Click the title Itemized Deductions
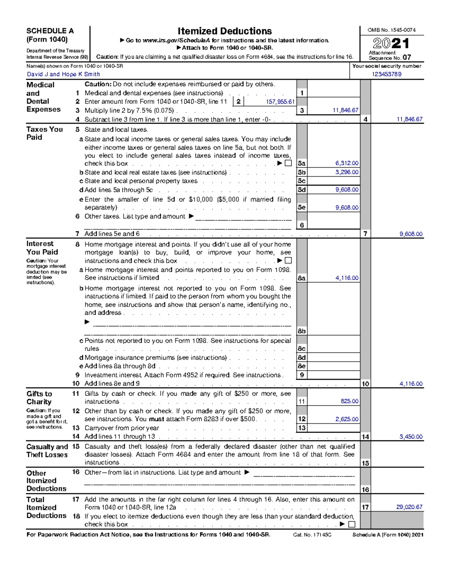pyautogui.click(x=225, y=31)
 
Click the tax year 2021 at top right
pyautogui.click(x=391, y=43)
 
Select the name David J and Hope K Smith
pyautogui.click(x=63, y=74)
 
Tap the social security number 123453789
pyautogui.click(x=386, y=74)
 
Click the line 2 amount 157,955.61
pyautogui.click(x=280, y=102)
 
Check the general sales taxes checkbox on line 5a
pyautogui.click(x=288, y=163)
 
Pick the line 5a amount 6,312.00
pyautogui.click(x=346, y=163)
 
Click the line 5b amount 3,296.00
pyautogui.click(x=346, y=172)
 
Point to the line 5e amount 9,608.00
pyautogui.click(x=346, y=208)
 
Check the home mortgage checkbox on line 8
pyautogui.click(x=288, y=260)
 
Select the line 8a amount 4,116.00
pyautogui.click(x=346, y=278)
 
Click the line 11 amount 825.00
pyautogui.click(x=349, y=401)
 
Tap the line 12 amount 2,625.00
pyautogui.click(x=346, y=419)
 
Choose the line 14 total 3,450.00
pyautogui.click(x=411, y=437)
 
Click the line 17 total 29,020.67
pyautogui.click(x=409, y=507)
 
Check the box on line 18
pyautogui.click(x=351, y=524)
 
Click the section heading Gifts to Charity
pyautogui.click(x=39, y=398)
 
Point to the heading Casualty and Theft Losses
pyautogui.click(x=47, y=450)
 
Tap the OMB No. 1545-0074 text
pyautogui.click(x=391, y=30)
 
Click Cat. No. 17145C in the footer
pyautogui.click(x=312, y=535)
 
